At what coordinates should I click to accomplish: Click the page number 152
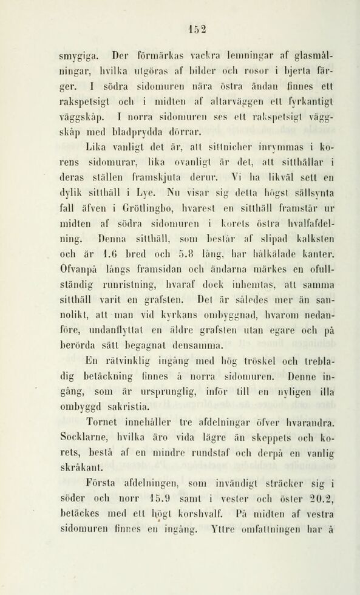point(198,28)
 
